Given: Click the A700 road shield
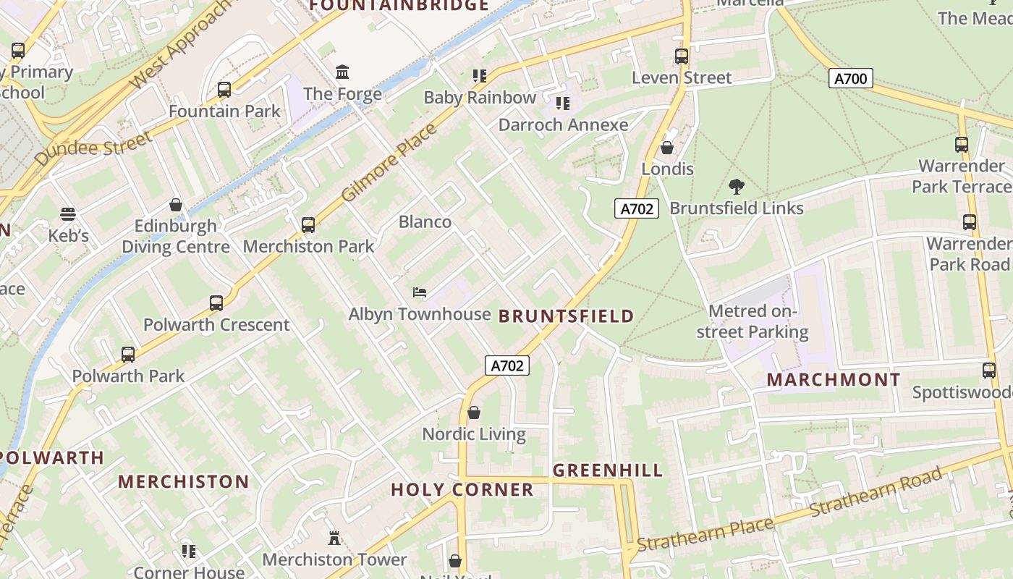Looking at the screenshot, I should point(850,78).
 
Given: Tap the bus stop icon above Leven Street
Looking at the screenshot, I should point(681,56).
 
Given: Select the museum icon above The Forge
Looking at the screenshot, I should point(342,72).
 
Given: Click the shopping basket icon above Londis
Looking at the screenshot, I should point(667,147).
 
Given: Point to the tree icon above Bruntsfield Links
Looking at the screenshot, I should point(737,187).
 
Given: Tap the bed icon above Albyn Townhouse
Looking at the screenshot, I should point(419,292).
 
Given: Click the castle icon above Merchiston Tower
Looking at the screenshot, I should point(334,538).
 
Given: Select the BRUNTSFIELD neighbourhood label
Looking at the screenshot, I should point(566,316).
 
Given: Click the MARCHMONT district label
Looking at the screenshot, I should point(834,379).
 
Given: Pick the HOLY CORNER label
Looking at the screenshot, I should point(462,490).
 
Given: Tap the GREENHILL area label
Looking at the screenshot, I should point(608,470).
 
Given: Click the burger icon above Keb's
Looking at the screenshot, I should point(68,214).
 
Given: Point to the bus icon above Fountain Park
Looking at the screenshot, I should point(224,90).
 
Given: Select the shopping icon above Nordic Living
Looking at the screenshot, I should point(474,413).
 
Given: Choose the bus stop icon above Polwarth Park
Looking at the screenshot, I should point(128,355).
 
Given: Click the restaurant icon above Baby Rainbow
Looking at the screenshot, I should point(479,75).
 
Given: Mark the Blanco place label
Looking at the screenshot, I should point(425,221).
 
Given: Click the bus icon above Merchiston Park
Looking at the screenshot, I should point(308,224).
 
